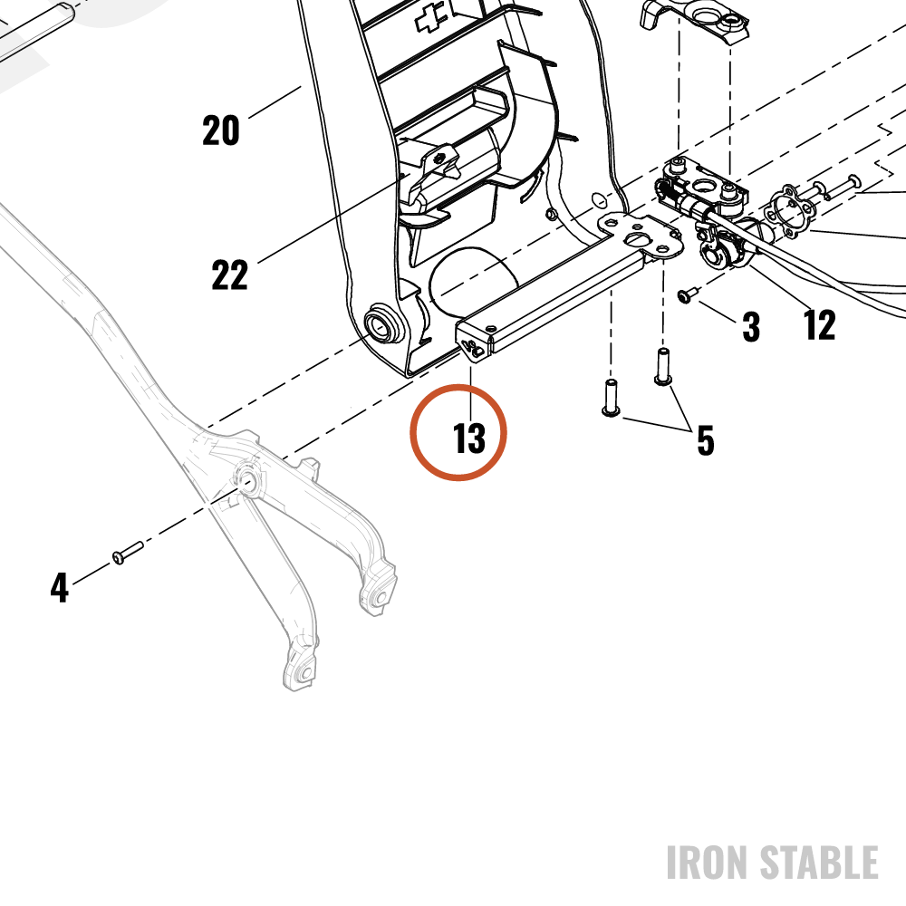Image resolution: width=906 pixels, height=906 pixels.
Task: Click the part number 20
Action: (221, 130)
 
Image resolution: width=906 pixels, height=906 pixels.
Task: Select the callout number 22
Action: (230, 275)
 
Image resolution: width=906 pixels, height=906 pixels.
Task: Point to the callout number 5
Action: (706, 440)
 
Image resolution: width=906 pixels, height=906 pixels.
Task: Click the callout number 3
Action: (750, 327)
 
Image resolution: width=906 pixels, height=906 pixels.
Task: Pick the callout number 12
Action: (819, 324)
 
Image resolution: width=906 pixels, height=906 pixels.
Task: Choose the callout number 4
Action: (60, 588)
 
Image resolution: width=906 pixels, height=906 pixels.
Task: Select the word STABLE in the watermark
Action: (819, 863)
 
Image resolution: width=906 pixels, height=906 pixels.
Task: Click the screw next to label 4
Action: (128, 552)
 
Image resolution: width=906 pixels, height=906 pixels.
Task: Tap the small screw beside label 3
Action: (689, 295)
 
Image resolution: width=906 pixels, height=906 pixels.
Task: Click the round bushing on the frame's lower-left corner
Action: (381, 323)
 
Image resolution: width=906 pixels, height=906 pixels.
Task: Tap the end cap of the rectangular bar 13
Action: (474, 344)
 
